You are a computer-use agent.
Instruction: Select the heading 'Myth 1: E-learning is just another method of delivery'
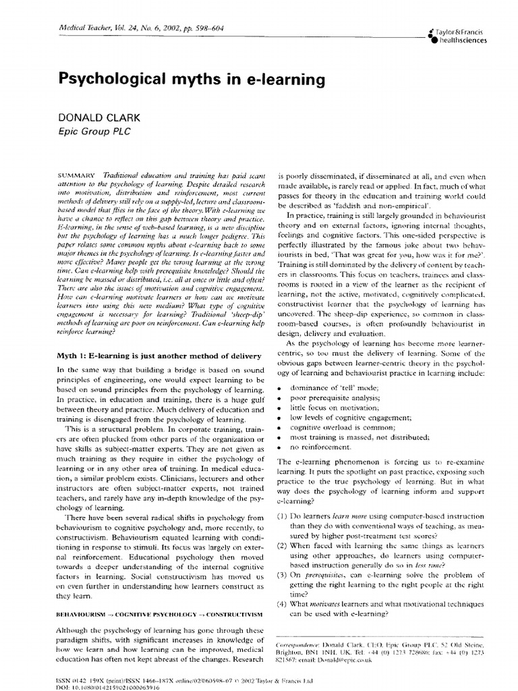click(x=159, y=356)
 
